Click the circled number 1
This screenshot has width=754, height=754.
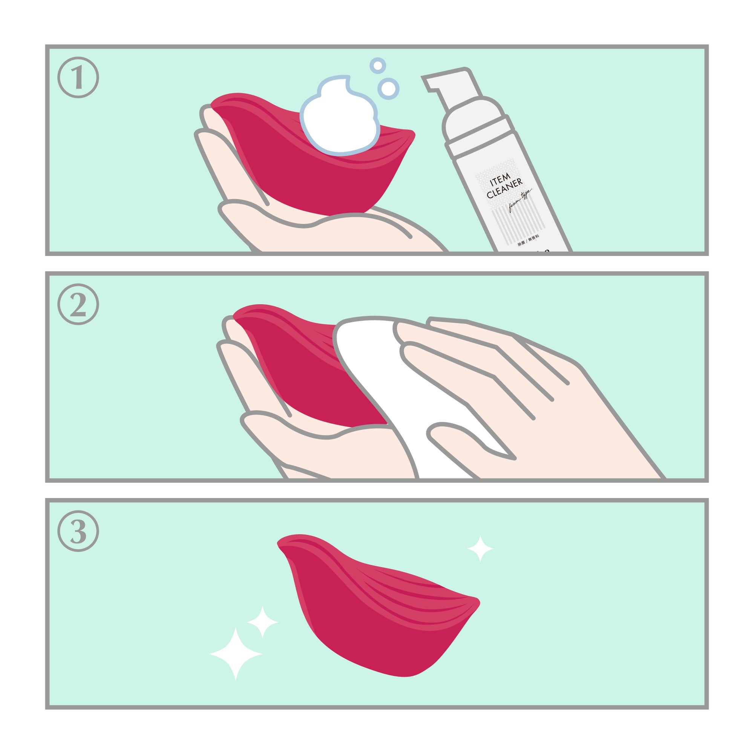tap(78, 77)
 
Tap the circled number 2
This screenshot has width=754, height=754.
tap(78, 304)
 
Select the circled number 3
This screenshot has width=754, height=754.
tap(78, 531)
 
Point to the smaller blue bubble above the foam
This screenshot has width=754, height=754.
tap(377, 66)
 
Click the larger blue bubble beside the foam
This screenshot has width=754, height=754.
tap(388, 89)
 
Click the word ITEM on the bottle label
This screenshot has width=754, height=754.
tap(500, 180)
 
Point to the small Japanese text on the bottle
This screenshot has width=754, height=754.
tap(528, 240)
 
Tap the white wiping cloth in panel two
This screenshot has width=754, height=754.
tap(375, 375)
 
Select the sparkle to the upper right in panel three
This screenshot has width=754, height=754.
tap(480, 548)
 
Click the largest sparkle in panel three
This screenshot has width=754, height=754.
tap(235, 654)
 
